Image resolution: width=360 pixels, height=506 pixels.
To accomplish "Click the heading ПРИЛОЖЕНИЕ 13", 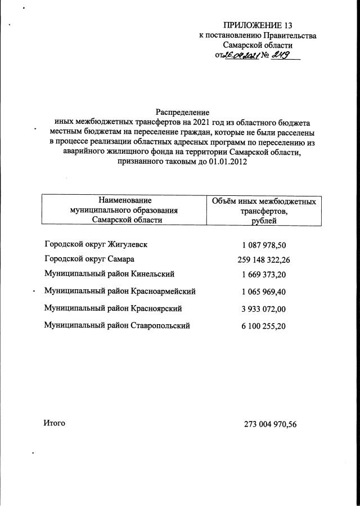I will click(258, 25).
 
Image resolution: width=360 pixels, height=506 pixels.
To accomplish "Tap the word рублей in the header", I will click(264, 221).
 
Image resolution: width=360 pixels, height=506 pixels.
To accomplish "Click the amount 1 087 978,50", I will click(264, 245).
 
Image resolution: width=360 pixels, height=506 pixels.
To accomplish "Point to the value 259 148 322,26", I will click(264, 260).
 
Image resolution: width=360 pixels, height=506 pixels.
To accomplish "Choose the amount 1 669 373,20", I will click(264, 275).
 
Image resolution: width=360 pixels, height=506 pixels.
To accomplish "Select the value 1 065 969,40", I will click(264, 292).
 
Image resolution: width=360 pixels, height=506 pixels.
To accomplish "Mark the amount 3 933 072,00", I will click(264, 309).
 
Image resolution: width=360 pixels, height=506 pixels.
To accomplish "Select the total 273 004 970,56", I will click(270, 424).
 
